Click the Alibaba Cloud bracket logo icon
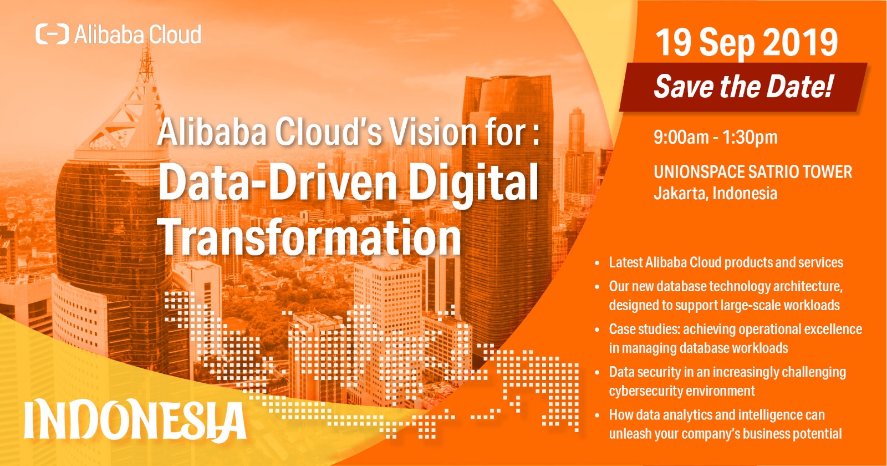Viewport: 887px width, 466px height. click(x=52, y=34)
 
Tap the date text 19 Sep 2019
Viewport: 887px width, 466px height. click(x=746, y=43)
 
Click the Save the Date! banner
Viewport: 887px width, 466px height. click(x=743, y=87)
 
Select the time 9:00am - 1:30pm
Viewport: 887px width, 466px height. click(x=715, y=137)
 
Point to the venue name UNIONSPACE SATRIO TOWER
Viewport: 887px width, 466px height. click(x=752, y=172)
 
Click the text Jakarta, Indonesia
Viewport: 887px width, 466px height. click(x=715, y=194)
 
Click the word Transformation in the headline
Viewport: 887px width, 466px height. click(x=310, y=237)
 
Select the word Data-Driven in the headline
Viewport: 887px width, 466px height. click(x=277, y=183)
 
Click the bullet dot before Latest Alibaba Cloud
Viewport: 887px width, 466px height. click(x=597, y=264)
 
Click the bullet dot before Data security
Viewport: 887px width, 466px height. click(x=597, y=373)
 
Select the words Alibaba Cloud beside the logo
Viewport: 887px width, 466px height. click(x=137, y=34)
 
